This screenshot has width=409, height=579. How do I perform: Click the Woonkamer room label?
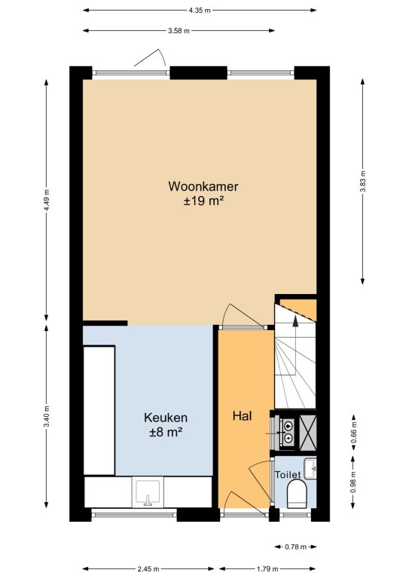197,186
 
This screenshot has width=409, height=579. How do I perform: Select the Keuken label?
166,417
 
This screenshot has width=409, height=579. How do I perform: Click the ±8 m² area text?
166,432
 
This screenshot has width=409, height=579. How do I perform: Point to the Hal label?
242,415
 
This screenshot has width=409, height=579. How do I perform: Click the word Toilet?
288,474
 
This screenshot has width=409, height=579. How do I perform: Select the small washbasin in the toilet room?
311,467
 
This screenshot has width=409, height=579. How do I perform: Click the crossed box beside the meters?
309,430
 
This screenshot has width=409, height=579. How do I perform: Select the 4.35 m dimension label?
200,10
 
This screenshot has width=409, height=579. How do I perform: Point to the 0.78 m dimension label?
295,547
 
